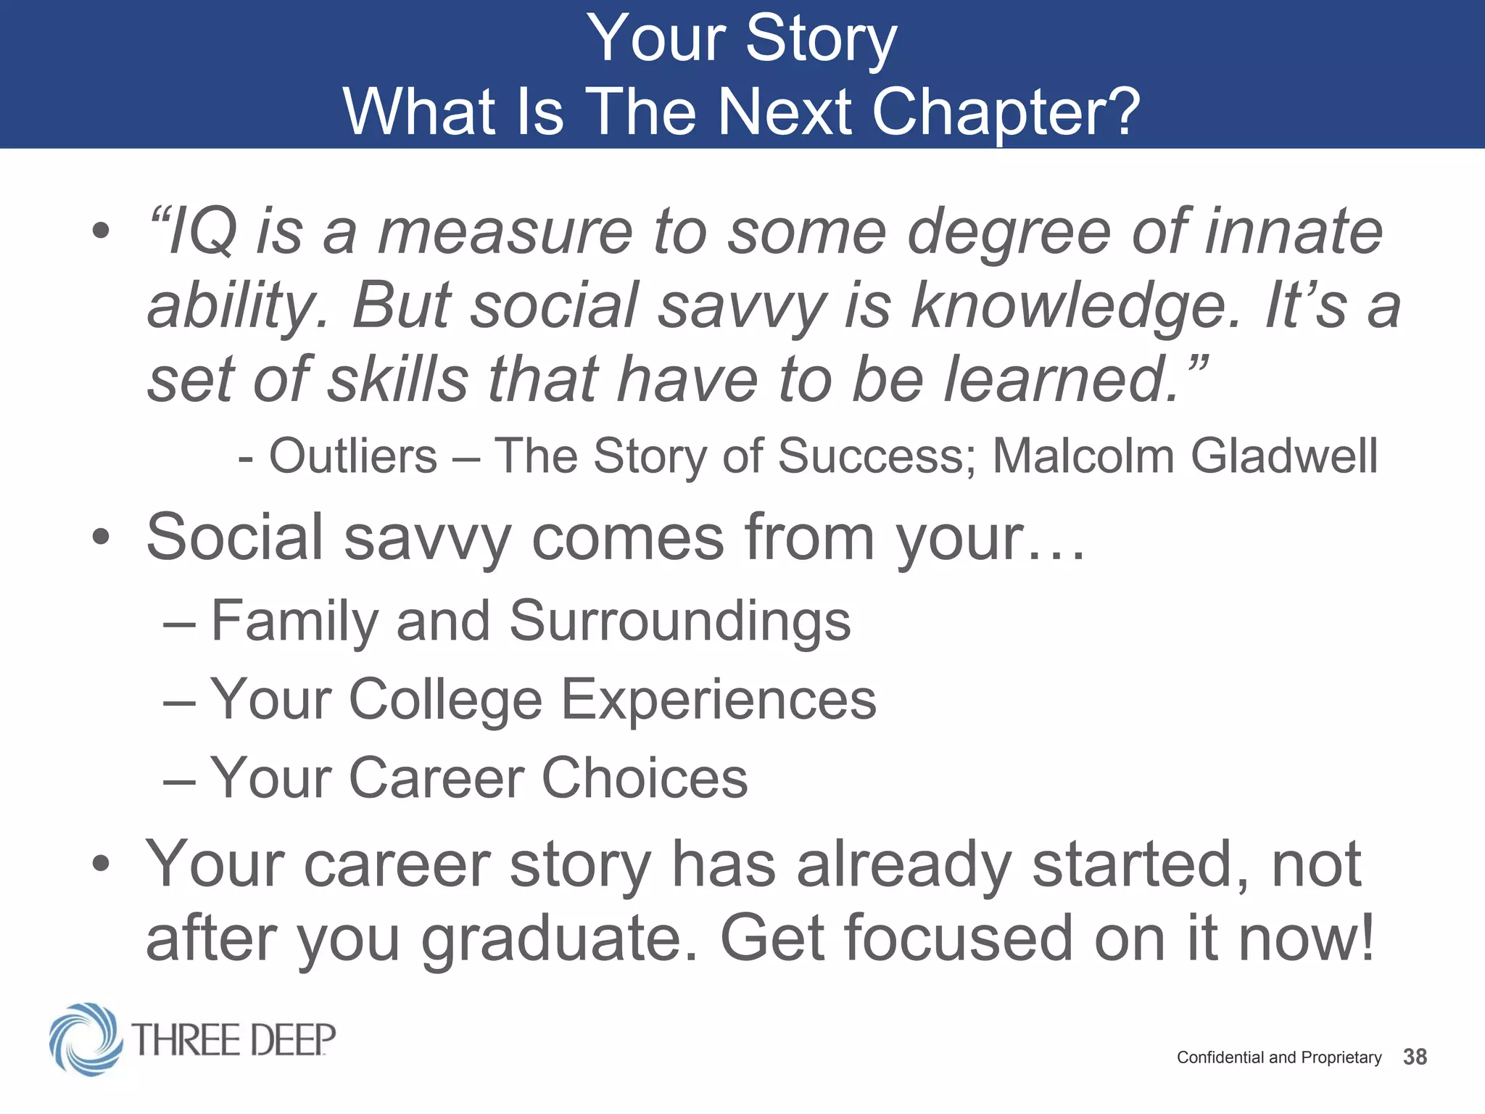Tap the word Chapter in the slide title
point(1005,112)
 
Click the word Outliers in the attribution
point(353,456)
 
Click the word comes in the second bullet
point(628,538)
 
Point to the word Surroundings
point(679,622)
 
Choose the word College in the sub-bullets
point(445,700)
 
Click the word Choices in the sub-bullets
point(645,777)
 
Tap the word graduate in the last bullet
point(560,939)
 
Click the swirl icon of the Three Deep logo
point(86,1039)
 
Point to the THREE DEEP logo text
point(234,1040)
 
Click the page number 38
point(1415,1057)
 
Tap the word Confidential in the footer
point(1220,1057)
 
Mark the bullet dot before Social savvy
point(101,538)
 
